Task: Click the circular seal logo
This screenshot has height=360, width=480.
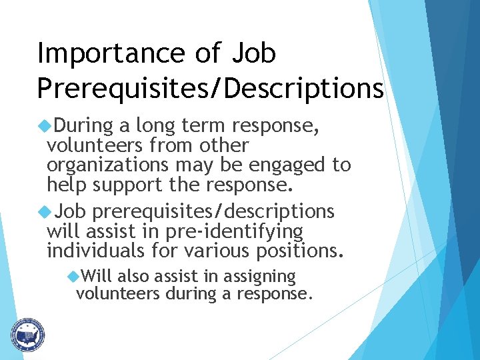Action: (x=27, y=335)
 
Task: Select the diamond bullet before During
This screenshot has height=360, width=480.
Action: (x=46, y=125)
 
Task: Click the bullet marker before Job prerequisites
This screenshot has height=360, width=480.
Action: (x=46, y=211)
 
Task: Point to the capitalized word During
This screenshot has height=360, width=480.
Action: (x=77, y=125)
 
